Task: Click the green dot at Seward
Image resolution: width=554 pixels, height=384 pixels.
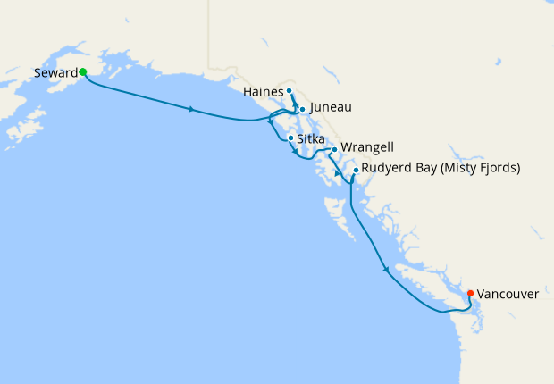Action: coord(82,71)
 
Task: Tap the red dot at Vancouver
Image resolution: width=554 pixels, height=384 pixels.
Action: coord(471,293)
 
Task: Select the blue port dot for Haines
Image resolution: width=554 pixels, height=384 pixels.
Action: coord(290,91)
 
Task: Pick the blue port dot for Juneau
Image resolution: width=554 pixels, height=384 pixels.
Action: coord(303,109)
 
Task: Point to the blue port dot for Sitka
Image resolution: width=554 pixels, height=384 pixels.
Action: coord(290,138)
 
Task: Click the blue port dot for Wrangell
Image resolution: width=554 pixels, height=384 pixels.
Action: coord(334,149)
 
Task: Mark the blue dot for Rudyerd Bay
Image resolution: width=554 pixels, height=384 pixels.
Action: coord(356,170)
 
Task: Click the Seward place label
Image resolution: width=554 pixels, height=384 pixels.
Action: coord(56,72)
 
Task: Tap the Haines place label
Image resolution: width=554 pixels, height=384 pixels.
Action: coord(263,91)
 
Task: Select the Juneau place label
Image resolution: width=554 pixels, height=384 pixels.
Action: coord(331,108)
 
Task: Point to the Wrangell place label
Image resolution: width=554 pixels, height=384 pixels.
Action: coord(367,147)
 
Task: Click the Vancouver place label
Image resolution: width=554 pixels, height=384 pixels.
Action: coord(508,293)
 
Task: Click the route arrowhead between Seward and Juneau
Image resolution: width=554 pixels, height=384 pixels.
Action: coord(191,110)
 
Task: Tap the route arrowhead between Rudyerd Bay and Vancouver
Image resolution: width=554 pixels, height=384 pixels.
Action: coord(386,268)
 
